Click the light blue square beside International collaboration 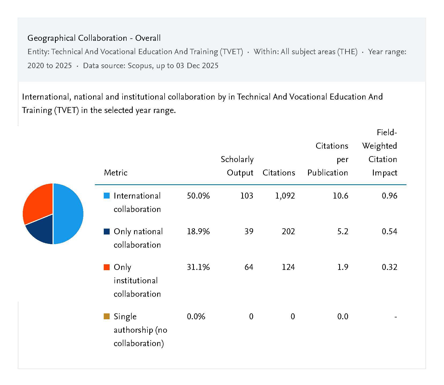pos(107,196)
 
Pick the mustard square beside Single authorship pos(107,317)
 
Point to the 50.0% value pos(198,196)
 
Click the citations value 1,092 pos(285,196)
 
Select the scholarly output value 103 pos(247,196)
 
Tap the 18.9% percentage pos(198,232)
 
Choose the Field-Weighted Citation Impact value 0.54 pos(389,232)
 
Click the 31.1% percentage pos(198,267)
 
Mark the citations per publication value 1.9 pos(343,267)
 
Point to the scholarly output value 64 pos(249,267)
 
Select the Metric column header pos(116,173)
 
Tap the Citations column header pos(279,173)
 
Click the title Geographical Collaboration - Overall pos(94,38)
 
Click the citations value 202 pos(288,232)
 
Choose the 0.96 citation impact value pos(389,196)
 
